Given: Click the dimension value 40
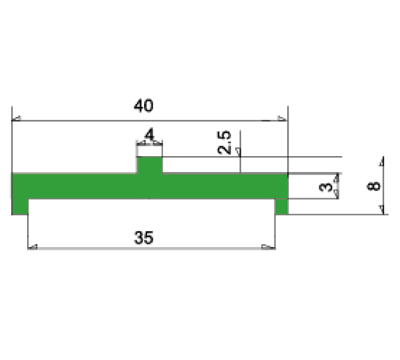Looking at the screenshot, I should (144, 106).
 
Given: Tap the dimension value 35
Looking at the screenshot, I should (144, 237).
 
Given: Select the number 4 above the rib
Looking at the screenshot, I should (150, 134).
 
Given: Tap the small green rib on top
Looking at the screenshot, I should (150, 165).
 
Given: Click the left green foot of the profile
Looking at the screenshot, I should (20, 206).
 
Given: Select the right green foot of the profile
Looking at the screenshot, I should (281, 206).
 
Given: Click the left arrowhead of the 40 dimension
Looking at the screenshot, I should (17, 119).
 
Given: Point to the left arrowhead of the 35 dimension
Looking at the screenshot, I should (33, 247).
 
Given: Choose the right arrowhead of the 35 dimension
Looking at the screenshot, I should (265, 247).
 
